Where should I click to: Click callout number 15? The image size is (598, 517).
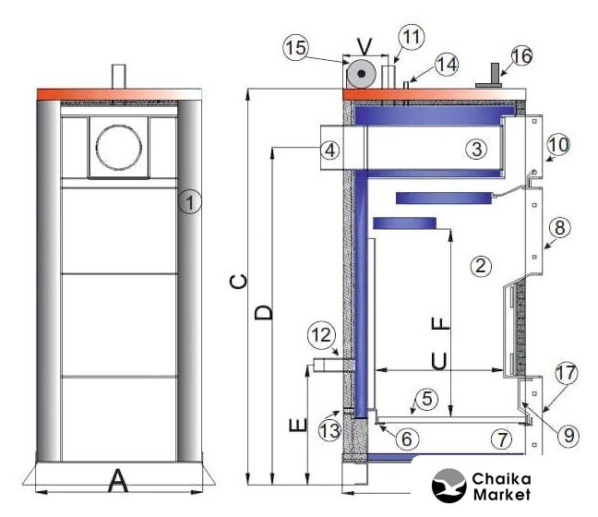(x=296, y=48)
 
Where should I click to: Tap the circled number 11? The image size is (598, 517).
(x=412, y=38)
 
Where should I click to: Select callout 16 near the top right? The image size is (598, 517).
(x=521, y=56)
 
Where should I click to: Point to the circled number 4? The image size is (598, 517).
(x=329, y=150)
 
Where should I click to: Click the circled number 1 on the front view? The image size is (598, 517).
(x=190, y=201)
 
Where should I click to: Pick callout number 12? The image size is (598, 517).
(x=321, y=335)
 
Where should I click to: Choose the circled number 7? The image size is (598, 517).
(x=501, y=439)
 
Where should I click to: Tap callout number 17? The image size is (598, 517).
(x=567, y=373)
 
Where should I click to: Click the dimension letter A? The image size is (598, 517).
(x=118, y=481)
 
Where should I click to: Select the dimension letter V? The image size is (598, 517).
(x=365, y=47)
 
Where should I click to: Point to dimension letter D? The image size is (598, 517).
(x=264, y=312)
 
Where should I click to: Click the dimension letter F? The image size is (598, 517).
(x=440, y=324)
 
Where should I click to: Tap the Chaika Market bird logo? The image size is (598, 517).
(x=448, y=486)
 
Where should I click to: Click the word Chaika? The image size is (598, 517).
(x=501, y=478)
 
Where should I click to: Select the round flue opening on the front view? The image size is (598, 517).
(x=119, y=147)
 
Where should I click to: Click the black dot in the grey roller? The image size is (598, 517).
(x=362, y=73)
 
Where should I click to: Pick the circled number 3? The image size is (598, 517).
(x=477, y=148)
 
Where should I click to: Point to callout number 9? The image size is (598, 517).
(x=568, y=435)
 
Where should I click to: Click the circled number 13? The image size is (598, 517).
(x=329, y=429)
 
